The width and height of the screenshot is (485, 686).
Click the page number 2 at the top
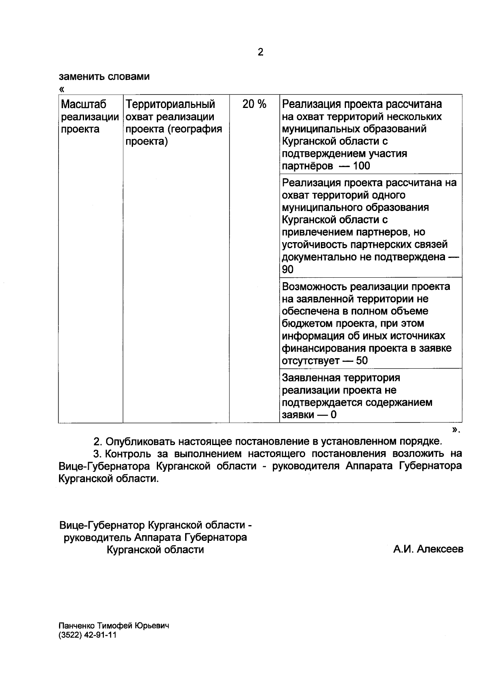pyautogui.click(x=260, y=52)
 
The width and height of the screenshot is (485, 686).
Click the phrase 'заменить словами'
pyautogui.click(x=104, y=77)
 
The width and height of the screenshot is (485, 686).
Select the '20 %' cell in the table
pyautogui.click(x=254, y=104)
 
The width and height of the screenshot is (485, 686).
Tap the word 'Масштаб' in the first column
pyautogui.click(x=84, y=104)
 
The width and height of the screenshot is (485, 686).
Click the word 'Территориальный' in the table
pyautogui.click(x=170, y=104)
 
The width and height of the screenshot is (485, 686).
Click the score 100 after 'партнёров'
pyautogui.click(x=361, y=166)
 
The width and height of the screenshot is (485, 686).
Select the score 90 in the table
pyautogui.click(x=288, y=270)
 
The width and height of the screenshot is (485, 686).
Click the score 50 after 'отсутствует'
pyautogui.click(x=362, y=361)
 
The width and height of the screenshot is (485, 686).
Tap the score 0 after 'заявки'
pyautogui.click(x=333, y=415)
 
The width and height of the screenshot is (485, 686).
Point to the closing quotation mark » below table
pyautogui.click(x=455, y=430)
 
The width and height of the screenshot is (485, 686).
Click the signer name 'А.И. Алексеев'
pyautogui.click(x=428, y=550)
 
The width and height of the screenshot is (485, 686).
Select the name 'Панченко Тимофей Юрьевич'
pyautogui.click(x=114, y=626)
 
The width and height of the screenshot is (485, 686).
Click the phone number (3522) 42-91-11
pyautogui.click(x=88, y=635)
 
